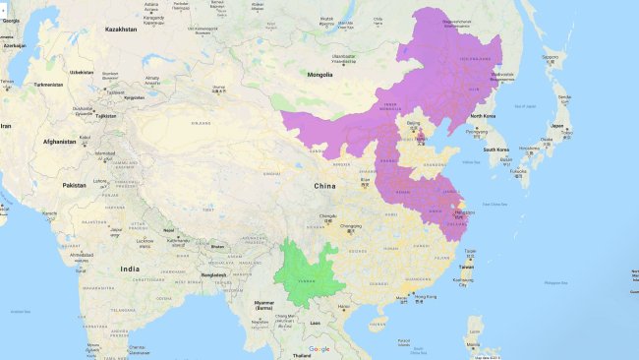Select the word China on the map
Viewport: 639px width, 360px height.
point(324,185)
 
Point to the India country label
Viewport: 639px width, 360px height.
point(129,268)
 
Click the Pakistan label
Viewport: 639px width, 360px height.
point(74,185)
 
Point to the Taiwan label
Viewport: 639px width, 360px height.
point(467,266)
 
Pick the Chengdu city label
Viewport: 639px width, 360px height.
point(327,215)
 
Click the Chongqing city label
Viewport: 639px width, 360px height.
point(351,226)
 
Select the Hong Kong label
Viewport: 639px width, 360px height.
point(425,296)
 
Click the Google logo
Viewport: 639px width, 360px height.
point(319,349)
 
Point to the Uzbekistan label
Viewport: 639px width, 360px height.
point(81,72)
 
